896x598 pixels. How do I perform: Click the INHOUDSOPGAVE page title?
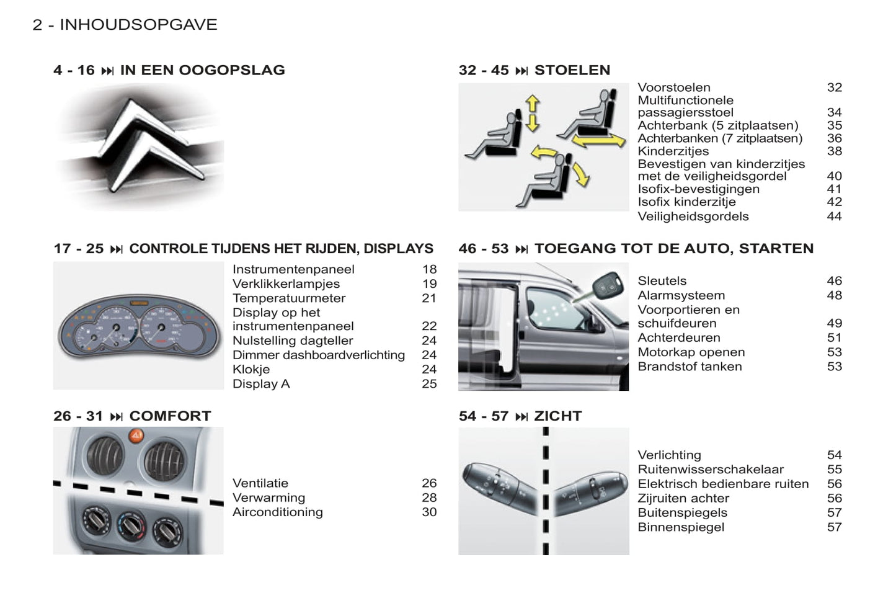click(x=138, y=25)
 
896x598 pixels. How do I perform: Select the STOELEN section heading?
click(x=572, y=70)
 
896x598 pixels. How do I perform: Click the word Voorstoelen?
click(x=674, y=87)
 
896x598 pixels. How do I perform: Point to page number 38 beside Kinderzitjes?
click(x=834, y=151)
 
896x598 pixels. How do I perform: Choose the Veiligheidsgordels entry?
click(x=693, y=216)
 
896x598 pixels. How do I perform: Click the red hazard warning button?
click(x=136, y=435)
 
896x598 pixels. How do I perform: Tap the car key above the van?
click(x=605, y=285)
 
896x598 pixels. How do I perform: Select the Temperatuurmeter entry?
click(x=289, y=298)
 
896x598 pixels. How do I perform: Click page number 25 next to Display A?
click(x=429, y=384)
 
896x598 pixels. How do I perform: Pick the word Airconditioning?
click(x=278, y=512)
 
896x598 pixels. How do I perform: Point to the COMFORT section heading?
click(x=170, y=416)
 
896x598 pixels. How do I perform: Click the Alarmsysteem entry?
click(x=681, y=295)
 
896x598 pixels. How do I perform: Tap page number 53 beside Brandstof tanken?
click(x=834, y=367)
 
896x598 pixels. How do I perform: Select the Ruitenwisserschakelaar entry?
click(x=711, y=470)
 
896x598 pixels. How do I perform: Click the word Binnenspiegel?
click(x=681, y=527)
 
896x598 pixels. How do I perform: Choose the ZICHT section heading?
click(x=557, y=416)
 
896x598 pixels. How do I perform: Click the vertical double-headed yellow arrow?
click(x=532, y=113)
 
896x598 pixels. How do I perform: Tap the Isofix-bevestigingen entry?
click(x=698, y=189)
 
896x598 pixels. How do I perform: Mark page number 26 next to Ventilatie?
click(x=429, y=483)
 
